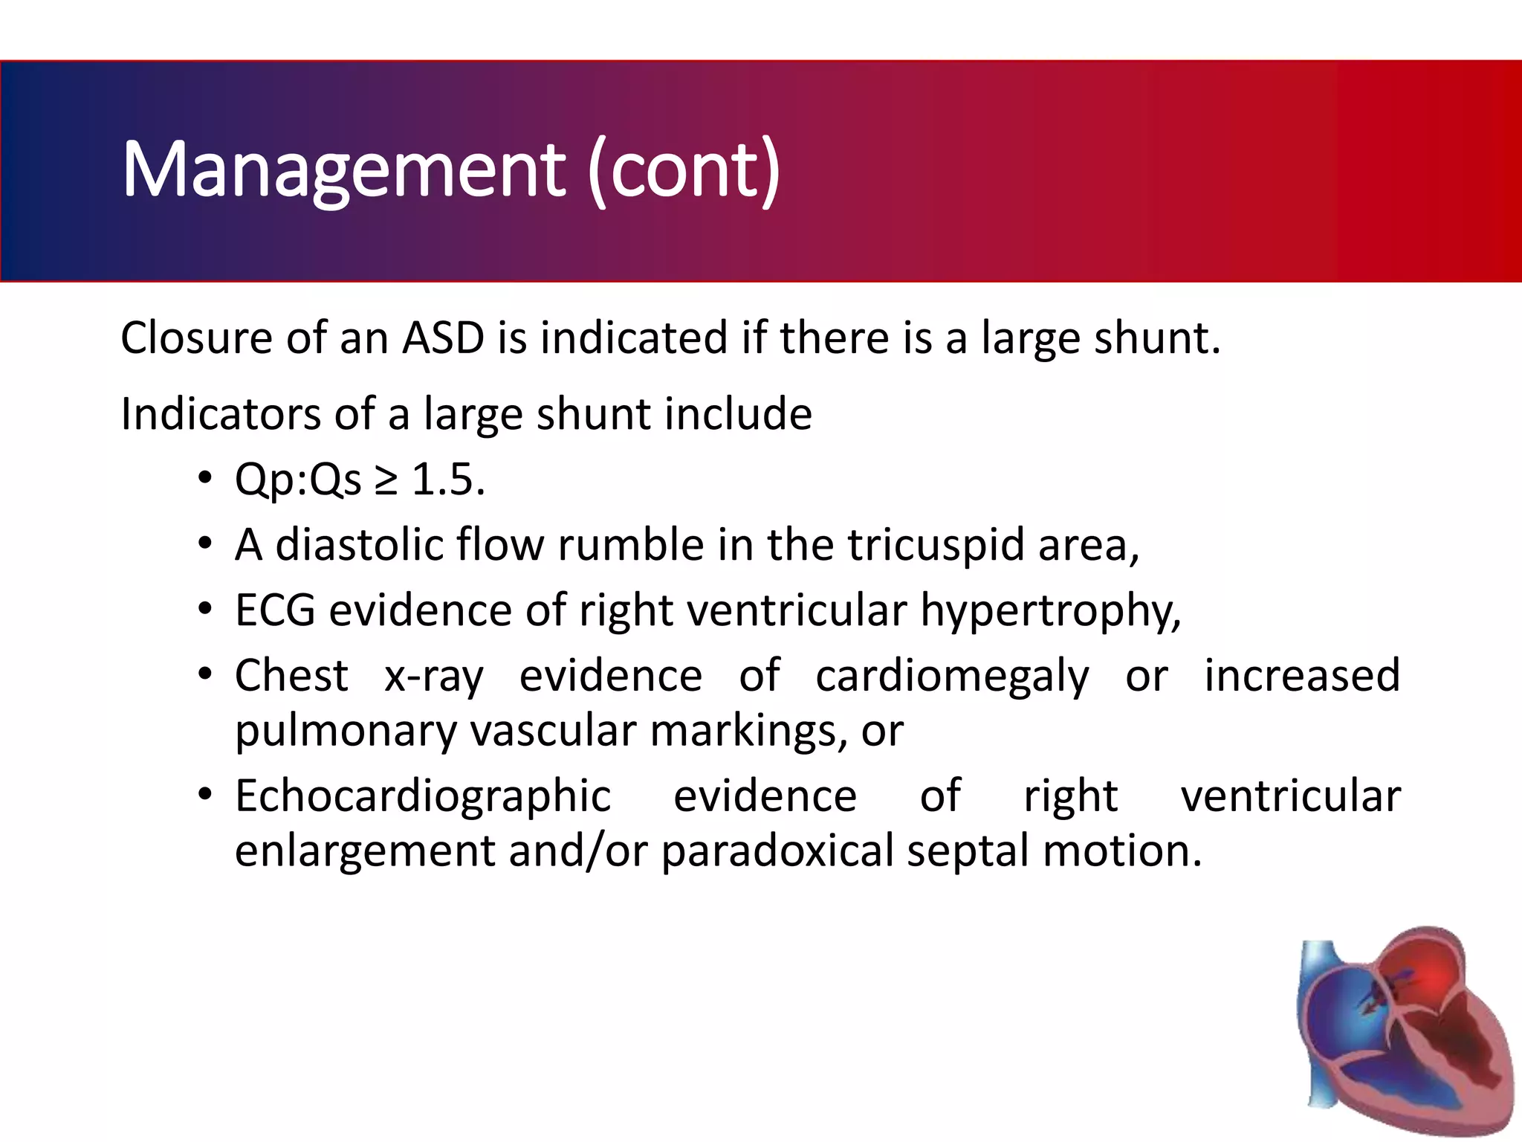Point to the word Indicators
pyautogui.click(x=220, y=414)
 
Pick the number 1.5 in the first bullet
pyautogui.click(x=447, y=480)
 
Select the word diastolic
pyautogui.click(x=358, y=545)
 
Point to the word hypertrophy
pyautogui.click(x=1049, y=612)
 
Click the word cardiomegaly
pyautogui.click(x=952, y=677)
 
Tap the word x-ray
pyautogui.click(x=433, y=677)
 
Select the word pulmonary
pyautogui.click(x=346, y=732)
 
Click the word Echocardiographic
pyautogui.click(x=423, y=797)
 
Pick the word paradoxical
pyautogui.click(x=777, y=851)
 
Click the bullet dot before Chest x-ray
pyautogui.click(x=205, y=674)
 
